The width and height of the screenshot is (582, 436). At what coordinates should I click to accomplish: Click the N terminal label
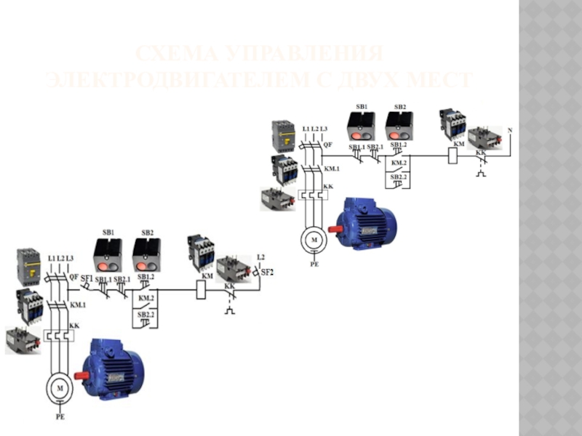509,130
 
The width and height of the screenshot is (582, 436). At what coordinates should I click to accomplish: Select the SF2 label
267,272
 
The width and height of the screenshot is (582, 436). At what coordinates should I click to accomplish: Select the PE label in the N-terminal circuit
314,266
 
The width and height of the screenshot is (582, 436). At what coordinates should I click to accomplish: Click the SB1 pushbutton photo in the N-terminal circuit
360,124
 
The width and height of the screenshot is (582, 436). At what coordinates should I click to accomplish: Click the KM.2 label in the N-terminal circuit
399,163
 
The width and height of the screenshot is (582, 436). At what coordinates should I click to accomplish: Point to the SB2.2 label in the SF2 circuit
146,314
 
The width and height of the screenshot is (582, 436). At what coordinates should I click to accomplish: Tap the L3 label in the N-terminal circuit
324,129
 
